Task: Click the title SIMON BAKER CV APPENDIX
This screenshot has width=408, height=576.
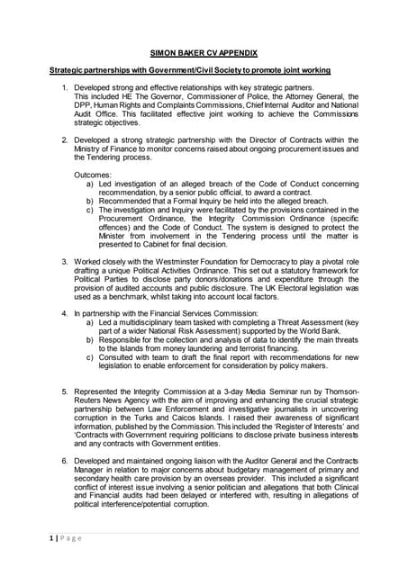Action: pyautogui.click(x=203, y=53)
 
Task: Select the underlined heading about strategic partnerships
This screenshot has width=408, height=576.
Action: pyautogui.click(x=189, y=70)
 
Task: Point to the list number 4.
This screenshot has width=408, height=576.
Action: pyautogui.click(x=64, y=313)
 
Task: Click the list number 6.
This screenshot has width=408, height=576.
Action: pyautogui.click(x=64, y=459)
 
